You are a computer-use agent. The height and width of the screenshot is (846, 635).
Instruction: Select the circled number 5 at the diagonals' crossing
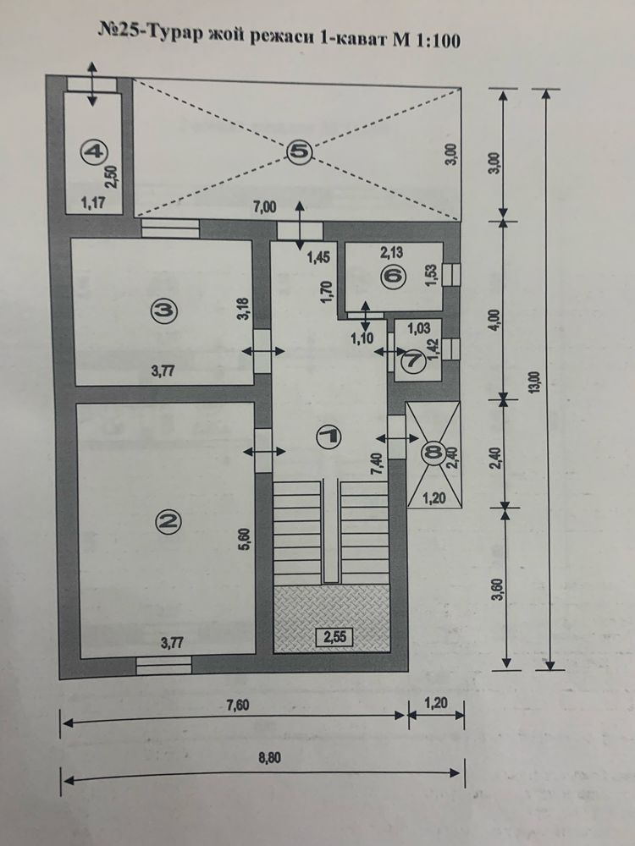click(x=299, y=151)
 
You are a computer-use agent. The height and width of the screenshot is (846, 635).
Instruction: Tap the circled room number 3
click(x=165, y=310)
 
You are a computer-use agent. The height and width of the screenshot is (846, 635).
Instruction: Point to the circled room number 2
click(x=168, y=520)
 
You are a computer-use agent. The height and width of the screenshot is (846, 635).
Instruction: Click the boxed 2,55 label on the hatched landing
click(x=334, y=637)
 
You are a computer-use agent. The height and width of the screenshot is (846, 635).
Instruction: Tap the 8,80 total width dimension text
click(x=270, y=758)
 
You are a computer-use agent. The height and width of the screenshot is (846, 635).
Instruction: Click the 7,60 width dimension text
click(x=237, y=706)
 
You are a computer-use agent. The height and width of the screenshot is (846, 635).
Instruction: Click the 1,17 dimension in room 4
click(x=92, y=203)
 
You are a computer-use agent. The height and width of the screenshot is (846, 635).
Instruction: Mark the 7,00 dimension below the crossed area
click(x=264, y=206)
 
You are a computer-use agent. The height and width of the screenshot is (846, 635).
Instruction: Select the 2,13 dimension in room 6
click(x=391, y=252)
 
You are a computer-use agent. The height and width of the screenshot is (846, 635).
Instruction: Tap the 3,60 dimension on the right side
click(x=499, y=589)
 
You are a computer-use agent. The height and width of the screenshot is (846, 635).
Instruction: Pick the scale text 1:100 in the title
click(x=438, y=41)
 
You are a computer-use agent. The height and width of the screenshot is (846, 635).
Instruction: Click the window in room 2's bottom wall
click(x=163, y=665)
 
